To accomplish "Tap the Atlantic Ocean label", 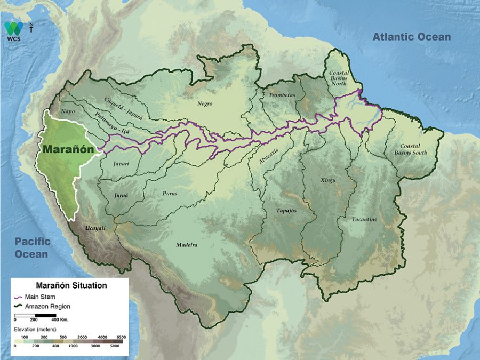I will click(x=411, y=37).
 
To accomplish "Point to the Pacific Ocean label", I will click(x=32, y=247).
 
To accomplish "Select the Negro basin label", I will click(x=205, y=103).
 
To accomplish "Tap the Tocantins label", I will click(x=364, y=219).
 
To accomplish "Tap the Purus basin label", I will click(x=170, y=193).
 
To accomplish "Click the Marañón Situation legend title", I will click(x=71, y=285).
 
